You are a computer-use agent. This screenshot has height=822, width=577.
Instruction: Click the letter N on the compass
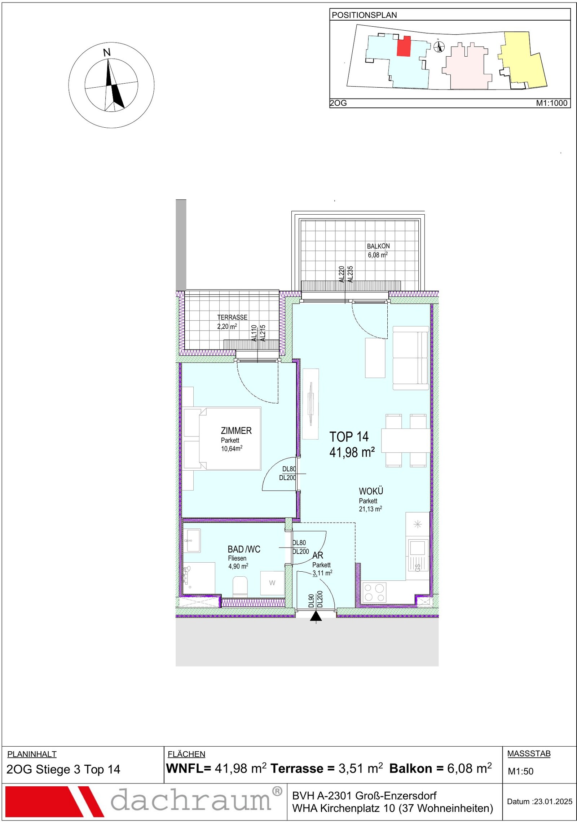107,53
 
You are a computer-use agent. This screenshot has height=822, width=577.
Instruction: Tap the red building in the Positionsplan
404,46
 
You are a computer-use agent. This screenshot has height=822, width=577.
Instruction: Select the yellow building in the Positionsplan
523,60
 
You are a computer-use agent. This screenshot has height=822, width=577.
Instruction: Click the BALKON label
378,246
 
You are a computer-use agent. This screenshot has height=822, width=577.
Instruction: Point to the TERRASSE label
232,317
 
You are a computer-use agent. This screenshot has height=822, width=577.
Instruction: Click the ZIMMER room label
236,431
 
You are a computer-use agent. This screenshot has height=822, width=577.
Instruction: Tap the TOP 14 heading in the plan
349,437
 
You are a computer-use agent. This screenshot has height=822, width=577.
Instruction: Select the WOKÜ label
371,491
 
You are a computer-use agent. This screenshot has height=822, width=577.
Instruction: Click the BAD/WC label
244,549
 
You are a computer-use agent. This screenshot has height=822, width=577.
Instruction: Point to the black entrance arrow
316,616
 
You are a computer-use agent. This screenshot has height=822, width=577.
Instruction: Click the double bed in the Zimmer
222,439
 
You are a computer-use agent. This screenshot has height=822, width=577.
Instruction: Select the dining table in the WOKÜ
406,440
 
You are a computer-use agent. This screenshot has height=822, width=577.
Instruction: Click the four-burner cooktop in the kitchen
374,593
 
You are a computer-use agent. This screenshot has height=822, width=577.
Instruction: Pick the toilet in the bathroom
240,586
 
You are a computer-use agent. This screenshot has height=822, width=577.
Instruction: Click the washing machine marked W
272,583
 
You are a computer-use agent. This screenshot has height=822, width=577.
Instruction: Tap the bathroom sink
192,540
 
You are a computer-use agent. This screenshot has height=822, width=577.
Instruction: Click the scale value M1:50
520,771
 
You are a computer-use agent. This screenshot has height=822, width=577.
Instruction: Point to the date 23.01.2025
553,801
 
